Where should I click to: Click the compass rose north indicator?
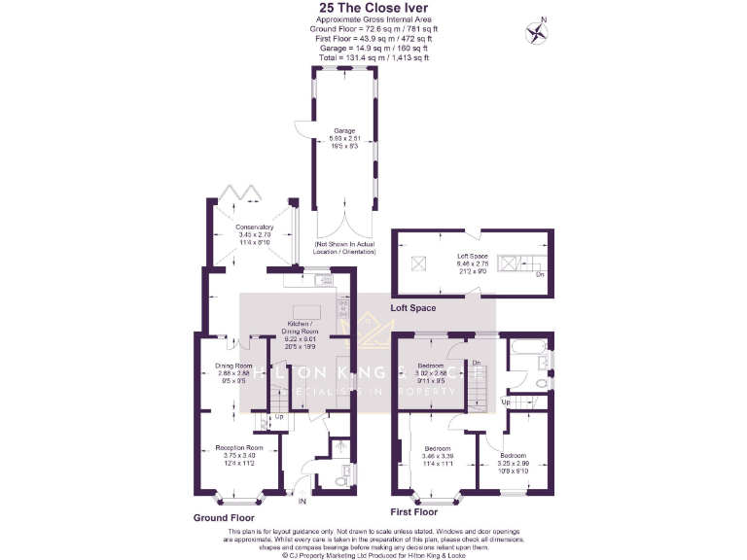[534, 32]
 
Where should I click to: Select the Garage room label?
[344, 130]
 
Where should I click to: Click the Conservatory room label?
[254, 227]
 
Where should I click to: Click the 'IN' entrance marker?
[302, 503]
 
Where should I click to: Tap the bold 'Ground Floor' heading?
[225, 518]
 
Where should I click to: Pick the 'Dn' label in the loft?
[540, 274]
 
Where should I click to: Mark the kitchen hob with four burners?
[342, 308]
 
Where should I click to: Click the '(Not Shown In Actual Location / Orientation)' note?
[344, 248]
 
